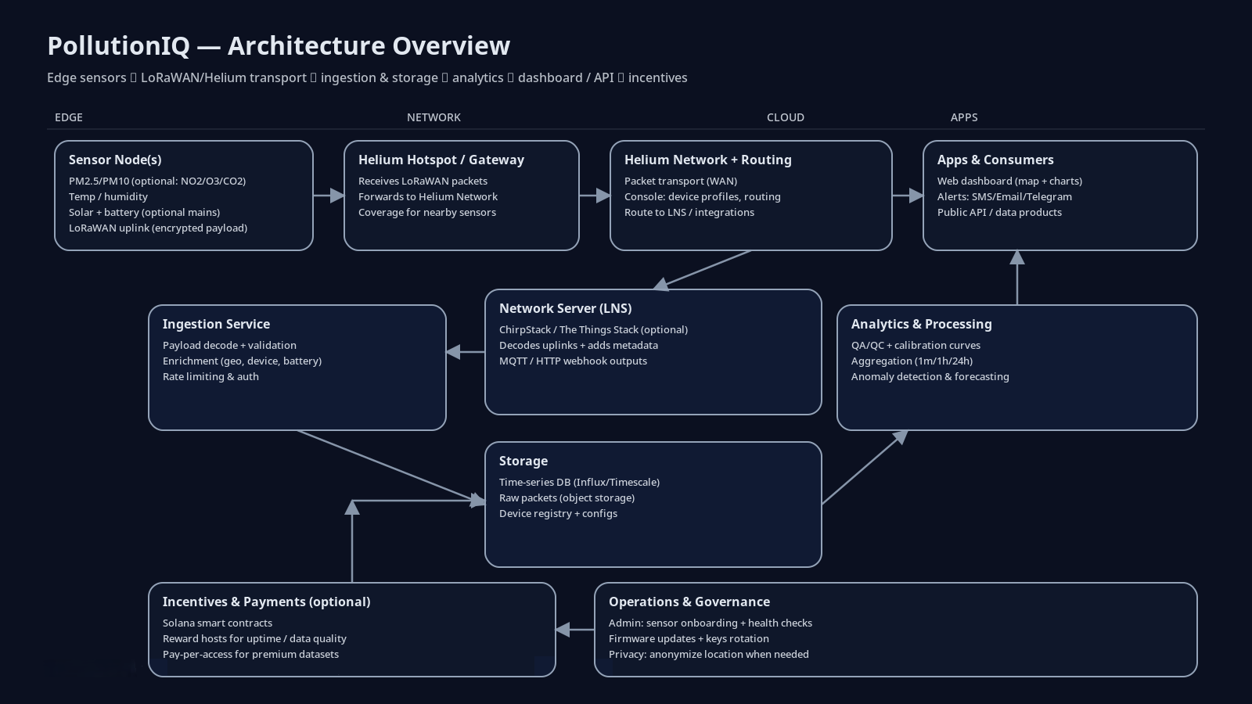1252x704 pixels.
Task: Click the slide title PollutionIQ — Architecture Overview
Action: point(279,46)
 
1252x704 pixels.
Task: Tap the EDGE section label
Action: point(69,117)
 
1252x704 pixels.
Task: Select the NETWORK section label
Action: point(434,117)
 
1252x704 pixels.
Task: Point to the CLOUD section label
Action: point(785,117)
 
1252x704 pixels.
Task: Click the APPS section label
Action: point(963,117)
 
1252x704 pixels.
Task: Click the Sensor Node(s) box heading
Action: point(115,160)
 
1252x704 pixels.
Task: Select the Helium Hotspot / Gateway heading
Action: point(441,160)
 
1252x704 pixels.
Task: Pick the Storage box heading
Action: point(523,461)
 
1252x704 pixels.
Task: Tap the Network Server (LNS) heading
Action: point(565,308)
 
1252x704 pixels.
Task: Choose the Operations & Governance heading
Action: point(689,602)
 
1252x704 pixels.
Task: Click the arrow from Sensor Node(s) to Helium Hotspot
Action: point(329,196)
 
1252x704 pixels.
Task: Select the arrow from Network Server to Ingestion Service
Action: point(466,352)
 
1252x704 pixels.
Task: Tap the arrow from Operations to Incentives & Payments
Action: point(575,629)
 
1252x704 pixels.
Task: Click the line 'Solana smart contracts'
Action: point(218,623)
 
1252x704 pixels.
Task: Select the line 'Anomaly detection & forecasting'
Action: point(930,376)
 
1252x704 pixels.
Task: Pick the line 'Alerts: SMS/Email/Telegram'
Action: point(1005,196)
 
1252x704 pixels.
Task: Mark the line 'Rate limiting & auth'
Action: point(210,376)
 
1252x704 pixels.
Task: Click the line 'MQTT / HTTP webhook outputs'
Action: point(573,361)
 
